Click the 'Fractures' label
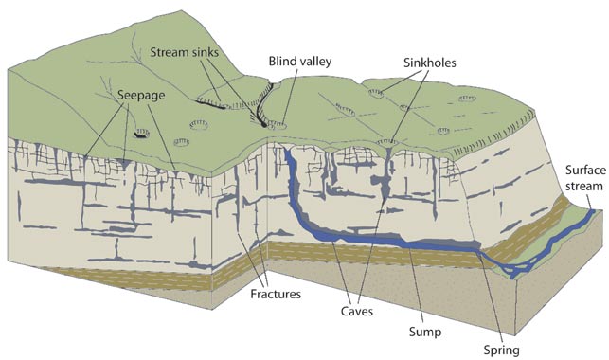coord(274,295)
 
